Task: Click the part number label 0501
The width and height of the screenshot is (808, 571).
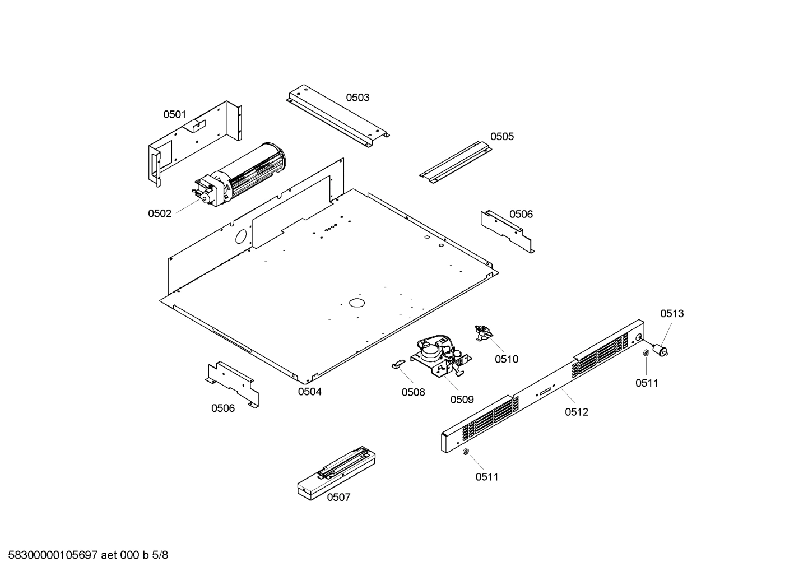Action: pos(174,115)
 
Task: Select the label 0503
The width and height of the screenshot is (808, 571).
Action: pos(357,98)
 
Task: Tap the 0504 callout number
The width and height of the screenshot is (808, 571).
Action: pos(309,392)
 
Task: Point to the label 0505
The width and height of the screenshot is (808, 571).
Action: pos(501,137)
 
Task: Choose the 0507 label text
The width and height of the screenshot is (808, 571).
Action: pos(338,497)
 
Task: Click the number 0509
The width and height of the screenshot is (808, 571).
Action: pos(462,400)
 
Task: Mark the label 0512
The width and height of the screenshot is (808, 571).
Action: pos(577,412)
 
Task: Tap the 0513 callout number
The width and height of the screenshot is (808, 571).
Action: pos(671,314)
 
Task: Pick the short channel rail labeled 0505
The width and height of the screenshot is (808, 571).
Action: pos(455,161)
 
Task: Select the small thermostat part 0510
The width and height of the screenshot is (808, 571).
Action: pos(482,333)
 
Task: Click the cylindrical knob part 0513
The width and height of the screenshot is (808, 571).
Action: pos(661,351)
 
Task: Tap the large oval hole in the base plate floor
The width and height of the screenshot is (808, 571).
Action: pos(356,303)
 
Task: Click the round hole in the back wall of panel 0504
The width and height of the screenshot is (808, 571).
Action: pos(241,236)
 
